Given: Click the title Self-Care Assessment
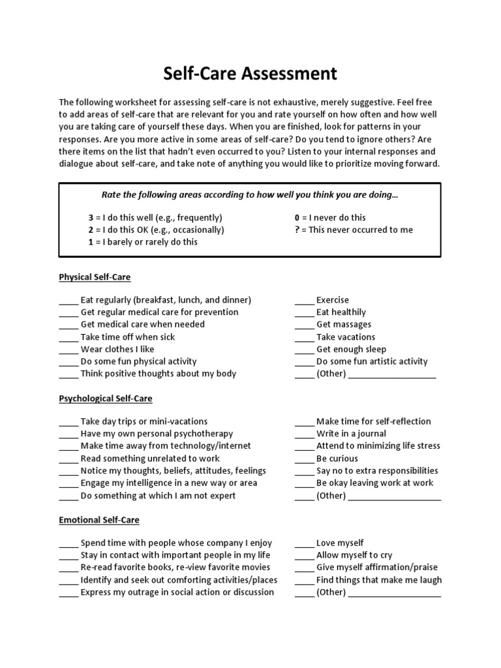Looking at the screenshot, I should point(250,74).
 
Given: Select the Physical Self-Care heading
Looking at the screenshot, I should point(95,277).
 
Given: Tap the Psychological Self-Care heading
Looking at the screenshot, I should point(106,398).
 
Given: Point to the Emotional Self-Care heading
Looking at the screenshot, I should point(99,520).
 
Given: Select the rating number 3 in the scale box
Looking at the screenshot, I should point(91,217).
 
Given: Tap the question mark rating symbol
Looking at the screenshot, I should point(297,230).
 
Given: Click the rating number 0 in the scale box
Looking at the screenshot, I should point(297,217).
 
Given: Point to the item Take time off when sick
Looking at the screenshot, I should point(128,337).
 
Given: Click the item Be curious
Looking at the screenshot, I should point(337,459).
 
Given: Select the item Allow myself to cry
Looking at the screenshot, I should point(354,555).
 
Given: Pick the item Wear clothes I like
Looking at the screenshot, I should point(117,349).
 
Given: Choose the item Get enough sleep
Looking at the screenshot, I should point(351,349).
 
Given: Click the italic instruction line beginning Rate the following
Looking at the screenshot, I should point(250,195).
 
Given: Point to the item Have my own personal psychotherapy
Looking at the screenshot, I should point(157,434).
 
